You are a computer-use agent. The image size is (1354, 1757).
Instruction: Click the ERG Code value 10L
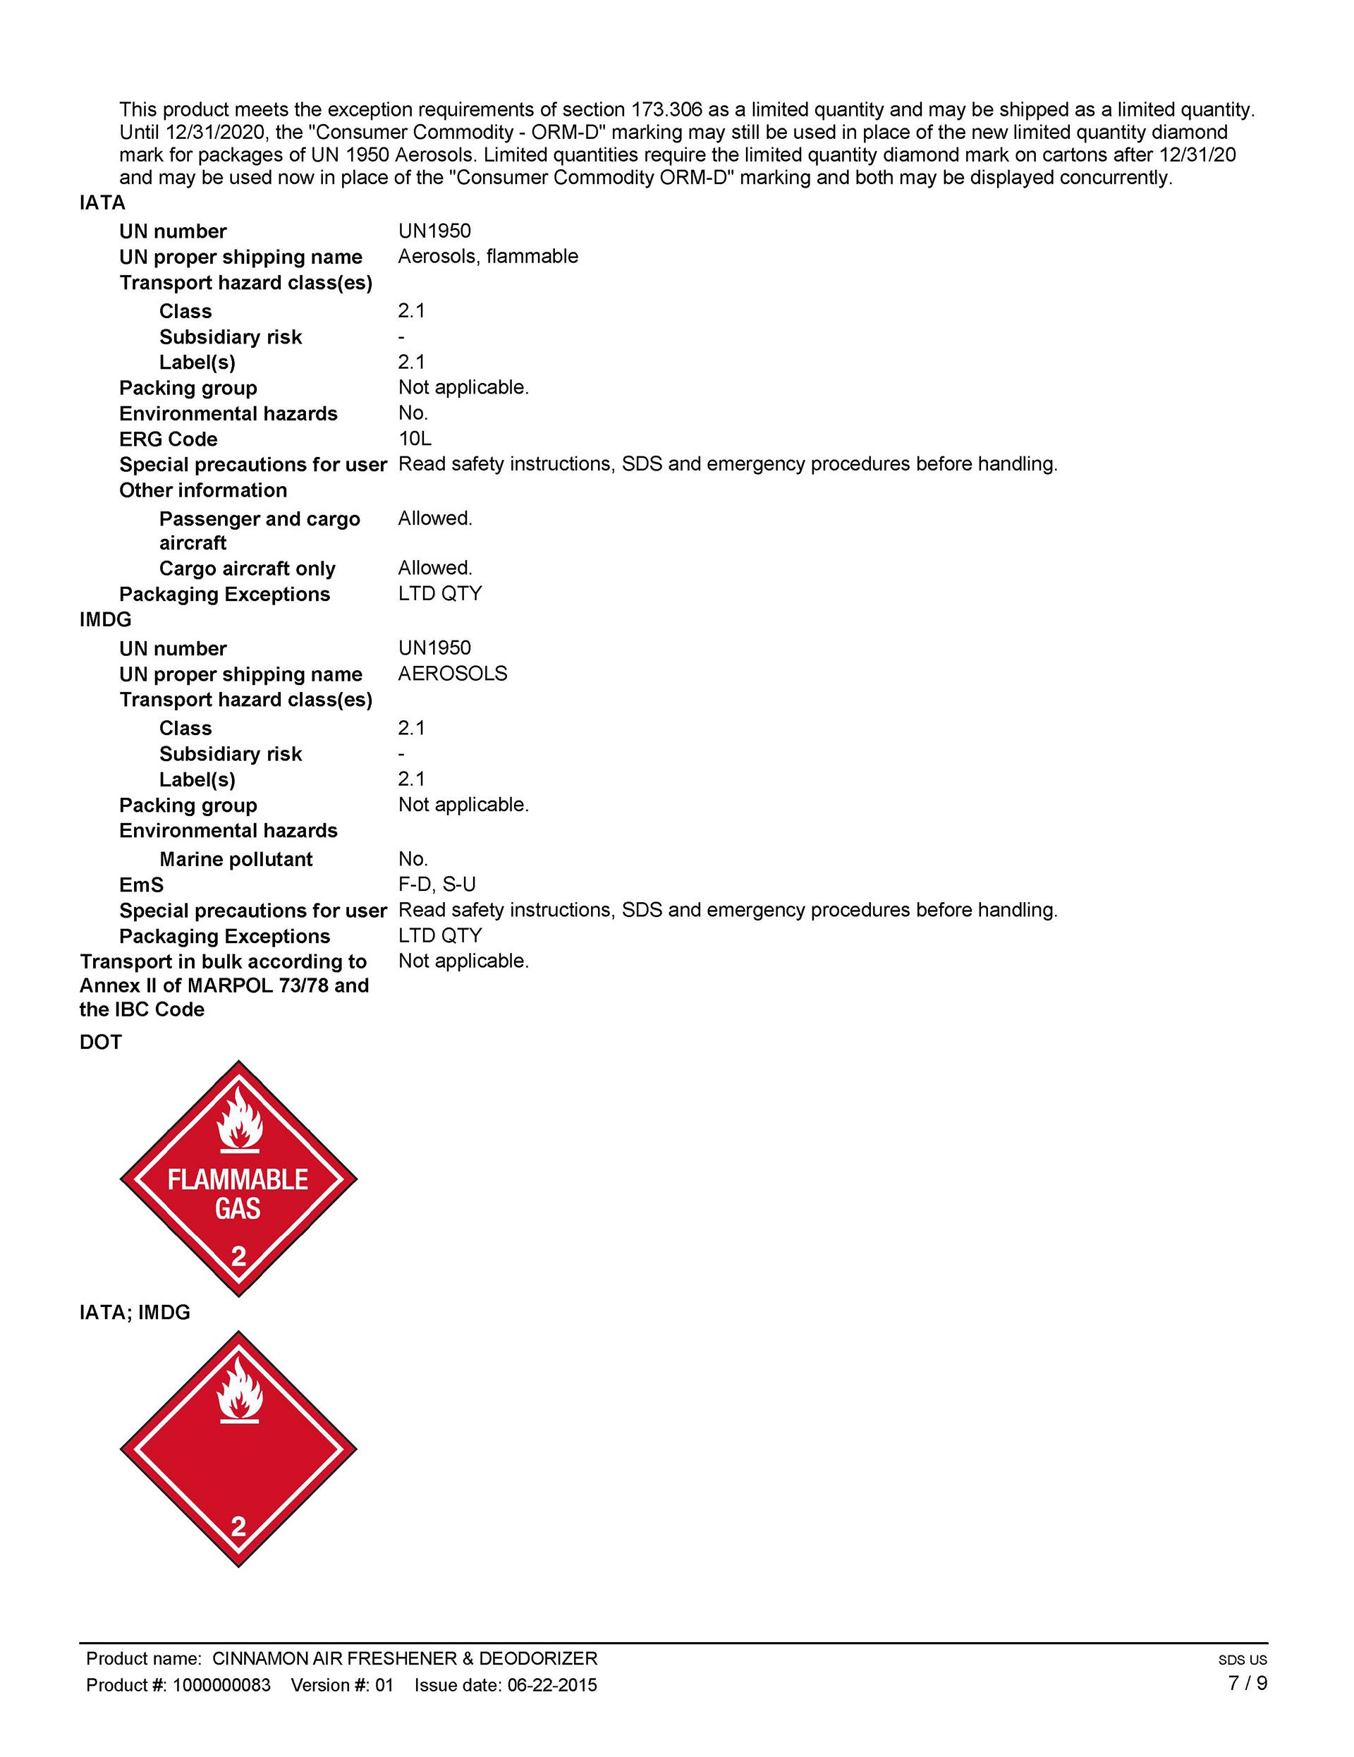[415, 439]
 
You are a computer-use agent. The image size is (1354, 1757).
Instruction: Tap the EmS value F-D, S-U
[437, 884]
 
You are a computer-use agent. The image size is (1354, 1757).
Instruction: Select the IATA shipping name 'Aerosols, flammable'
[487, 256]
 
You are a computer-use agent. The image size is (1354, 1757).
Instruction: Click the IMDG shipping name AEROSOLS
[452, 674]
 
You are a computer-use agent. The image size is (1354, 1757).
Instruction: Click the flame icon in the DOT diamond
[239, 1119]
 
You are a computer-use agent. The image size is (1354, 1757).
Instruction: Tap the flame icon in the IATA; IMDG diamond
[239, 1390]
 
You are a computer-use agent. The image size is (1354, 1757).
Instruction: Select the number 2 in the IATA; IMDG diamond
[238, 1527]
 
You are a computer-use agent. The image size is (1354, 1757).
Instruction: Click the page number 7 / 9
[1247, 1684]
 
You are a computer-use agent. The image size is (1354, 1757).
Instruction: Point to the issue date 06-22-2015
[552, 1685]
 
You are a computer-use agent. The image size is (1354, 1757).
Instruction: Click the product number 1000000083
[221, 1685]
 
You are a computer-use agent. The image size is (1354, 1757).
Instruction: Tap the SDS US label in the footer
[1242, 1660]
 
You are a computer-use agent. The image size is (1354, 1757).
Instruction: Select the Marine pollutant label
[236, 859]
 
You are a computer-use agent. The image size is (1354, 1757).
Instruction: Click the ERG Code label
[168, 439]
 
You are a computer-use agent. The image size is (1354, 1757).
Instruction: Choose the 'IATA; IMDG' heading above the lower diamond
[135, 1312]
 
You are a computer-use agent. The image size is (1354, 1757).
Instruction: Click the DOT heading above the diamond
[101, 1042]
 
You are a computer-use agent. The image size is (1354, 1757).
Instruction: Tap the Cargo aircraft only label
[247, 569]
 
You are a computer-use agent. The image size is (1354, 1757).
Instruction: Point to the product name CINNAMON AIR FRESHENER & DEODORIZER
[405, 1659]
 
